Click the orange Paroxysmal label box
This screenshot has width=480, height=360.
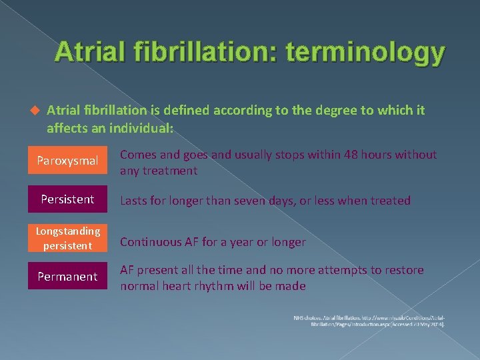(67, 161)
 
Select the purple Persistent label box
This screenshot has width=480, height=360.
(67, 199)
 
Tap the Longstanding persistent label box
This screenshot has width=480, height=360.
(67, 237)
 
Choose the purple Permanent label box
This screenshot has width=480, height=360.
(67, 276)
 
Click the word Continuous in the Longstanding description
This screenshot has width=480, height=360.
(150, 242)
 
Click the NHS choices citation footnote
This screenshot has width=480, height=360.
(369, 321)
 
